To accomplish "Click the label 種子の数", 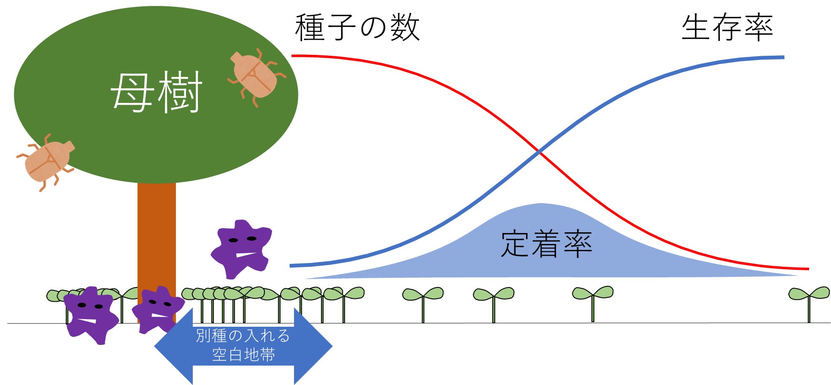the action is [x=357, y=27].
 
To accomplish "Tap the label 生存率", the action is [x=727, y=27].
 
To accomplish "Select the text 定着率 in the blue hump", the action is [x=546, y=244].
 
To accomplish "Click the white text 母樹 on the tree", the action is [x=156, y=92].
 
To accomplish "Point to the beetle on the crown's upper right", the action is [x=256, y=76].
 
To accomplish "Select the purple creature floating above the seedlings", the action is [x=242, y=249].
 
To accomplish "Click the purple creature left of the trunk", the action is [x=90, y=315].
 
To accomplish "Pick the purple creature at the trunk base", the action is [x=158, y=309].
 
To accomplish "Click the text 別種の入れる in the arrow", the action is [x=243, y=336].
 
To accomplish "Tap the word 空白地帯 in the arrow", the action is [x=243, y=355].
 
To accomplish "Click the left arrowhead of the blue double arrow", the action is [x=173, y=347].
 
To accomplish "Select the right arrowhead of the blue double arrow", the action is [x=313, y=347].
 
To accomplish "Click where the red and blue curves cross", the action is [x=540, y=151].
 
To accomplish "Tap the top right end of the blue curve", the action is [x=784, y=57].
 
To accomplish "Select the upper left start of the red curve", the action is [x=292, y=56].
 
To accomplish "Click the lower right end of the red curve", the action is [x=809, y=269].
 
